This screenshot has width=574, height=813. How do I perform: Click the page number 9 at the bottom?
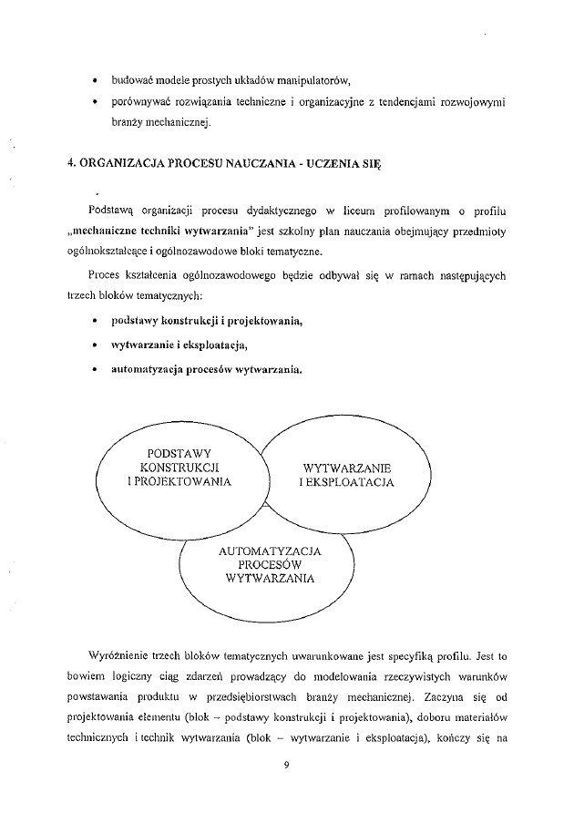pyautogui.click(x=287, y=764)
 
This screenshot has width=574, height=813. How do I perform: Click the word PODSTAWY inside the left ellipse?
pyautogui.click(x=179, y=452)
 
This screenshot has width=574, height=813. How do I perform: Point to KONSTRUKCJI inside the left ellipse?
pyautogui.click(x=179, y=467)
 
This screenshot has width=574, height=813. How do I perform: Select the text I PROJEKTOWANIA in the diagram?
pyautogui.click(x=179, y=481)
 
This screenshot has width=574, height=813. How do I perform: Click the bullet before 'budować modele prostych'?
pyautogui.click(x=94, y=80)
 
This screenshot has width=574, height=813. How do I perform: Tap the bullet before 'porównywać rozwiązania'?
pyautogui.click(x=94, y=103)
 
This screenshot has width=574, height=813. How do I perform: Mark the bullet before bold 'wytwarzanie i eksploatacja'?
pyautogui.click(x=94, y=346)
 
